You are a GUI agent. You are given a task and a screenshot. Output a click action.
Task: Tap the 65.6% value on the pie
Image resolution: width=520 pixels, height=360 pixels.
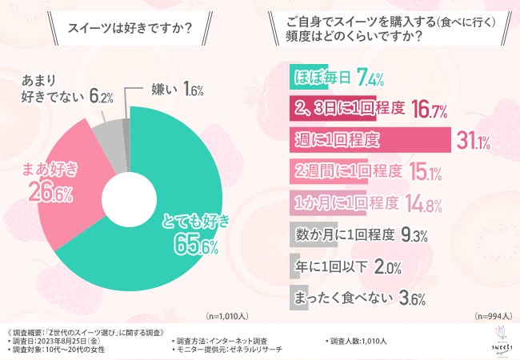pos(197,244)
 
